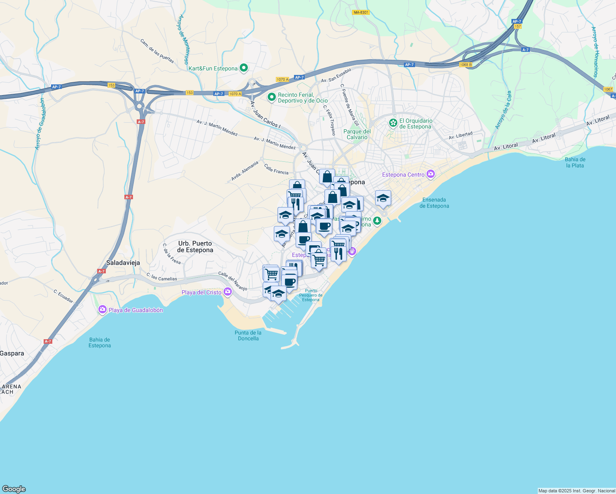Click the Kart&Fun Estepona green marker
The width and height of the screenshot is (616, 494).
click(x=244, y=68)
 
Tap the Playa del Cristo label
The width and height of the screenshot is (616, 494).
click(x=202, y=293)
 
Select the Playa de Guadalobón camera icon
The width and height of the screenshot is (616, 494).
click(x=103, y=310)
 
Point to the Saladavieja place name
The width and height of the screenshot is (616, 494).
click(x=123, y=263)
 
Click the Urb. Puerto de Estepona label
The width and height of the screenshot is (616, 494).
click(x=195, y=247)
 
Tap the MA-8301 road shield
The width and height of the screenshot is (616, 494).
click(x=361, y=12)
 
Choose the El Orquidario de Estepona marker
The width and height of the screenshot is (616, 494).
click(x=393, y=123)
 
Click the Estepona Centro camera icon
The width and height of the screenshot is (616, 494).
click(x=431, y=175)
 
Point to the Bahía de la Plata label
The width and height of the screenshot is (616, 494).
click(x=575, y=162)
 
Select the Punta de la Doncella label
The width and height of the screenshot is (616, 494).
click(x=248, y=336)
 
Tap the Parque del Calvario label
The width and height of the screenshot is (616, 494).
click(x=357, y=134)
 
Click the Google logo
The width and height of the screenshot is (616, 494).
click(x=14, y=489)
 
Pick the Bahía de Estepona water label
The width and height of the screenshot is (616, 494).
click(x=100, y=343)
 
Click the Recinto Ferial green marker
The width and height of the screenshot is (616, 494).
click(x=271, y=98)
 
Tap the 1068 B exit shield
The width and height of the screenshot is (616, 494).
click(x=466, y=65)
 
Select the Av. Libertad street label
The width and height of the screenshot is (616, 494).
click(x=460, y=135)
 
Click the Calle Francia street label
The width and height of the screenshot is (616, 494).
click(x=276, y=169)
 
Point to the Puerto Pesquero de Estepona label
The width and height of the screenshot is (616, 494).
click(x=311, y=295)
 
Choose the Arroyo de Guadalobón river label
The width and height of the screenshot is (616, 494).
click(x=40, y=123)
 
